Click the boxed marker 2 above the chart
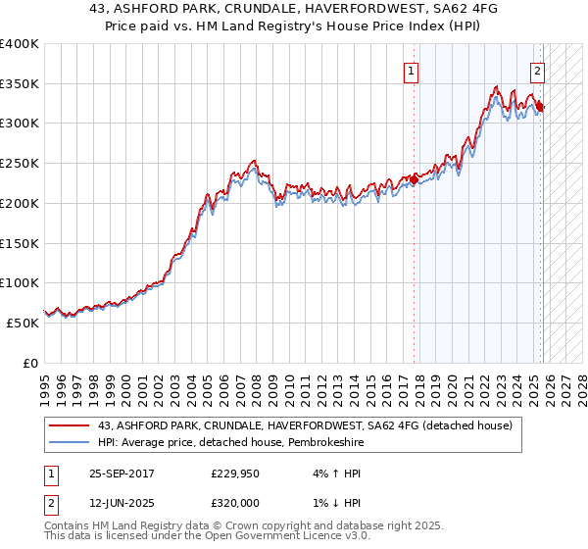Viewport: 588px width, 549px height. pos(538,71)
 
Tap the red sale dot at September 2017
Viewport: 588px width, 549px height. pos(415,178)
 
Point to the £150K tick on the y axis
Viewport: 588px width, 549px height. pos(20,243)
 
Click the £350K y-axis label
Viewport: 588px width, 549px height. pos(20,83)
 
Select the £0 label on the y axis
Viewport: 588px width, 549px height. pos(29,363)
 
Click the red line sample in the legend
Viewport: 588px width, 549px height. pos(69,425)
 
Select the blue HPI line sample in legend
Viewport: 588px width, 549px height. pos(69,443)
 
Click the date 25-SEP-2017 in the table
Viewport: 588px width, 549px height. pos(126,474)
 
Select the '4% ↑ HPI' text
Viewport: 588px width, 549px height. pos(332,474)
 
